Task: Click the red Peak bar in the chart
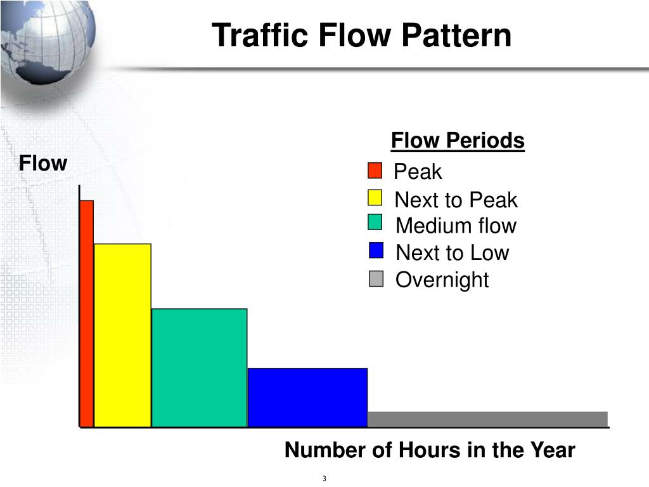[87, 314]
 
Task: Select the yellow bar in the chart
[122, 335]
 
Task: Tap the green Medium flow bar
[199, 368]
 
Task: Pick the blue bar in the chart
[307, 398]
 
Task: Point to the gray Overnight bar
[487, 419]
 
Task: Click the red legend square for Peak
[375, 171]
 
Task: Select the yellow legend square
[375, 198]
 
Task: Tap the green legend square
[375, 223]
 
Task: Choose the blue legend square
[376, 251]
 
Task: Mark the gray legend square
[376, 279]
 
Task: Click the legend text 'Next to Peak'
[456, 200]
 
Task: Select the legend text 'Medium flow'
[456, 226]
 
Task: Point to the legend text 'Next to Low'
[452, 253]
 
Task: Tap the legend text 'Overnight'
[442, 280]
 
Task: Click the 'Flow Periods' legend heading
[458, 140]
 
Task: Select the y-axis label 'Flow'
[42, 164]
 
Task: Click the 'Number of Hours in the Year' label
[430, 450]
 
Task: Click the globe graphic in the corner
[48, 41]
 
